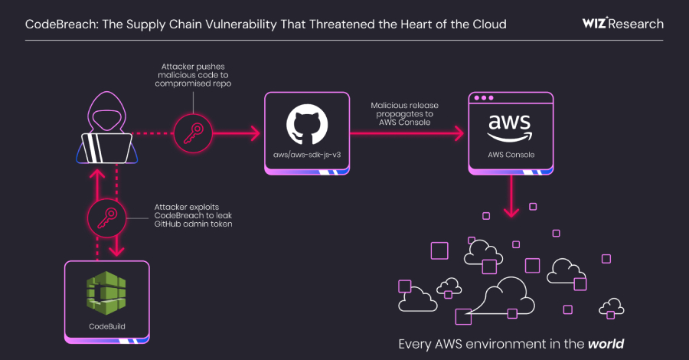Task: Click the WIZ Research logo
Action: pos(622,24)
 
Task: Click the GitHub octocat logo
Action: pos(306,126)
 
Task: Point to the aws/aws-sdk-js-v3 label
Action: pos(306,155)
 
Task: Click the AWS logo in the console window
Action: pos(511,127)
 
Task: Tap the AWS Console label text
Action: pos(511,155)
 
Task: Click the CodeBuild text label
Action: pos(106,327)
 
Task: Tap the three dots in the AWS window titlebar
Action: pos(485,99)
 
